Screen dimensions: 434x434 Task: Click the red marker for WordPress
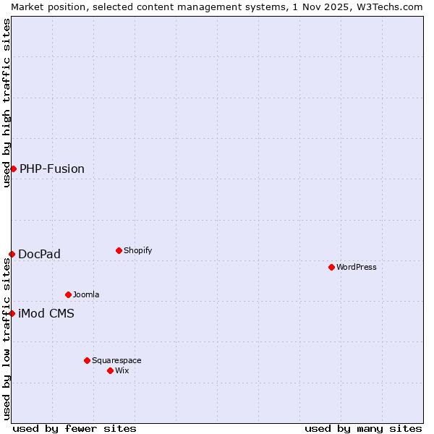pos(331,267)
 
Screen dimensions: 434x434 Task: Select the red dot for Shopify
pos(119,250)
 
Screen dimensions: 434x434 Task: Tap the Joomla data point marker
pos(68,294)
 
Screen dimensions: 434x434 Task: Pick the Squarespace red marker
pos(87,360)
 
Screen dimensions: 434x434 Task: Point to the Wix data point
pos(110,370)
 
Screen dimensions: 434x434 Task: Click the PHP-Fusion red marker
pos(13,169)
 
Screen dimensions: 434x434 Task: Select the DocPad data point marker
pos(12,254)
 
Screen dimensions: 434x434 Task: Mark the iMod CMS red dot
pos(12,313)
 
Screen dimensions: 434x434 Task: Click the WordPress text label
pos(357,267)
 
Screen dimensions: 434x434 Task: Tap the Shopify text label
pos(138,250)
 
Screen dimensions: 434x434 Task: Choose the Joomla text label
pos(86,294)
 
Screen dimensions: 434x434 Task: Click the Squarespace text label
pos(116,360)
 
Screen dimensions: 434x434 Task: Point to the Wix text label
pos(122,370)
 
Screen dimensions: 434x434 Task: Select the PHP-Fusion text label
pos(52,169)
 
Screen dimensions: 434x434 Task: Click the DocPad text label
pos(40,254)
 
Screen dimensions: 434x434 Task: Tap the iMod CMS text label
pos(46,313)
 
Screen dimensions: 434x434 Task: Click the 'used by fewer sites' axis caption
pos(75,428)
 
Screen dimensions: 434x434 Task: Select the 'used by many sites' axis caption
pos(363,428)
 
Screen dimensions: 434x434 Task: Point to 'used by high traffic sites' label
pos(7,103)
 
